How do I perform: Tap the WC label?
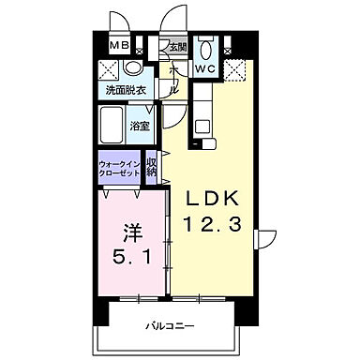pyautogui.click(x=206, y=68)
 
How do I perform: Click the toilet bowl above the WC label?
pyautogui.click(x=207, y=48)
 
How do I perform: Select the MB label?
pyautogui.click(x=120, y=45)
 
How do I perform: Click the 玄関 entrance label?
pyautogui.click(x=178, y=47)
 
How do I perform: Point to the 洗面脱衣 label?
pyautogui.click(x=124, y=91)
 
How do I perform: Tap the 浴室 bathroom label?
pyautogui.click(x=139, y=124)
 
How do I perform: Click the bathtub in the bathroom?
pyautogui.click(x=114, y=124)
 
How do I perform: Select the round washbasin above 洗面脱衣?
pyautogui.click(x=132, y=69)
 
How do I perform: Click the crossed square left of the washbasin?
pyautogui.click(x=109, y=69)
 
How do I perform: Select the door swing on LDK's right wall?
pyautogui.click(x=267, y=239)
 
